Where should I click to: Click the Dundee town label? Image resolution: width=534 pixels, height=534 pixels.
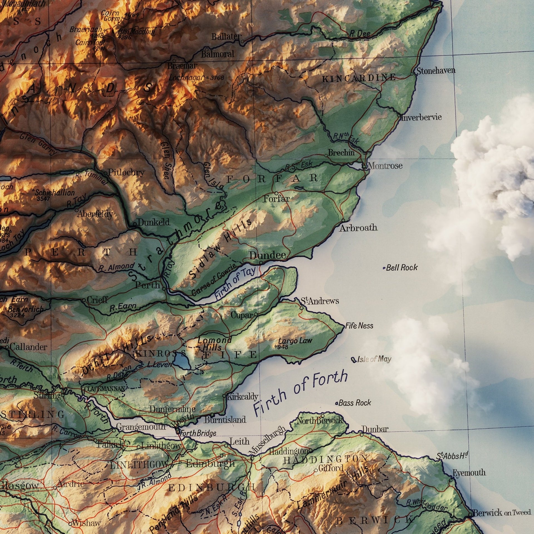tap(267, 255)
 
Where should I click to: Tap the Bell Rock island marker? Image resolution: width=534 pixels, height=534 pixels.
tap(384, 268)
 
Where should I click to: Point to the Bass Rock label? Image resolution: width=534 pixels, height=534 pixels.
tap(355, 403)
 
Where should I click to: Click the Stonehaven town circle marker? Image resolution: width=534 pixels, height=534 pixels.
tap(412, 74)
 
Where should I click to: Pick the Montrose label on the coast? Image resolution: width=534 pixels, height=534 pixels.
tap(385, 166)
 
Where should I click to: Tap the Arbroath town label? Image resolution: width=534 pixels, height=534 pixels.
tap(358, 228)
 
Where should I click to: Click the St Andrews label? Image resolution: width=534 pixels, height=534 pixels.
tap(320, 301)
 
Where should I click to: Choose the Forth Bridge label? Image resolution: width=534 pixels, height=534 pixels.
tap(198, 433)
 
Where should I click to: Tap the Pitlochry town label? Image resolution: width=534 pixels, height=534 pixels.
tap(126, 172)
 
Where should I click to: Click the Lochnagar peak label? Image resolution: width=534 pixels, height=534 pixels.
tap(187, 78)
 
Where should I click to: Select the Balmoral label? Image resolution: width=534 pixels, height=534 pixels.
tap(217, 54)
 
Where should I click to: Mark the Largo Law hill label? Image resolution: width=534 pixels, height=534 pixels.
tap(295, 341)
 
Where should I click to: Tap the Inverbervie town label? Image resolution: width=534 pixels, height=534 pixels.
tap(421, 117)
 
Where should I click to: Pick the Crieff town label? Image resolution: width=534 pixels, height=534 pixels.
tap(97, 300)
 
